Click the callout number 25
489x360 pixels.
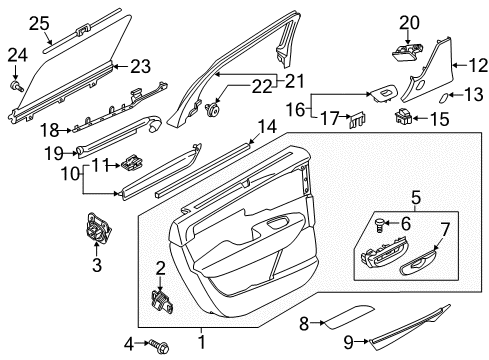pos(39,23)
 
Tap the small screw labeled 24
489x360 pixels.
pos(17,85)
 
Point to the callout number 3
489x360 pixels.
pos(97,265)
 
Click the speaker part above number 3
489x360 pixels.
pos(97,227)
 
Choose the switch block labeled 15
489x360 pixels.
pos(403,117)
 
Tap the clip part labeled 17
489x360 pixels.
pos(357,120)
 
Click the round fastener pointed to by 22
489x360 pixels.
pos(212,109)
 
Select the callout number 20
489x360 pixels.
pos(410,23)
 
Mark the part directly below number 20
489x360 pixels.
pos(407,51)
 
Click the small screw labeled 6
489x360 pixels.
pos(380,224)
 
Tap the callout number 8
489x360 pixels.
pos(304,323)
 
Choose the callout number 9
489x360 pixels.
pos(349,342)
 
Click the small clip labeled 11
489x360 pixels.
pos(132,162)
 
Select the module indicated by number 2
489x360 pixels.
pos(163,300)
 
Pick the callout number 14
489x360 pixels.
pos(268,127)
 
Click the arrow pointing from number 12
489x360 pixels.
pos(460,65)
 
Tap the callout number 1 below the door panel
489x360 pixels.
pos(201,342)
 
